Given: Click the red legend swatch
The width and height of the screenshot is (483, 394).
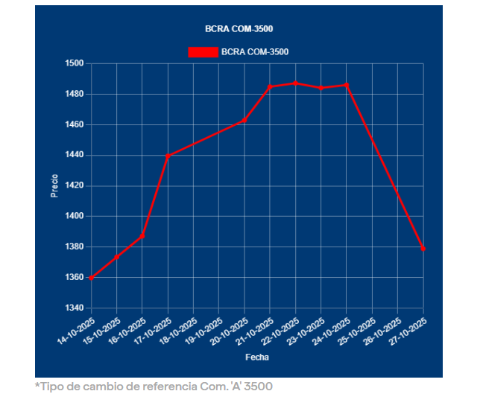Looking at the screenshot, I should pyautogui.click(x=203, y=52).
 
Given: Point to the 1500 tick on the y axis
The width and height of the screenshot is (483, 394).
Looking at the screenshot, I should pyautogui.click(x=75, y=63).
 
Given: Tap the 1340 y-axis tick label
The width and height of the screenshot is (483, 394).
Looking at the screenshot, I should pyautogui.click(x=75, y=308).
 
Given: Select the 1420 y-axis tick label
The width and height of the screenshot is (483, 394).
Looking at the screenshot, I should pyautogui.click(x=75, y=185).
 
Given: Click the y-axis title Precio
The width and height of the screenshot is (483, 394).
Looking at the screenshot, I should pyautogui.click(x=54, y=185).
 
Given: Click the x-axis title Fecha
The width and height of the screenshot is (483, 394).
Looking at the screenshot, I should pyautogui.click(x=256, y=358).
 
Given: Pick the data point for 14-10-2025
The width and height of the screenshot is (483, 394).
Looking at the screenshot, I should pyautogui.click(x=91, y=278).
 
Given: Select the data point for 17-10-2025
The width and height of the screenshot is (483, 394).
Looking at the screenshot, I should pyautogui.click(x=168, y=156).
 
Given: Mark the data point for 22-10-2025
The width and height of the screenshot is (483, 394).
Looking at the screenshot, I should pyautogui.click(x=295, y=83).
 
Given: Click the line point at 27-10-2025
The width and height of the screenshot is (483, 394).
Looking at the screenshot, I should pyautogui.click(x=423, y=249).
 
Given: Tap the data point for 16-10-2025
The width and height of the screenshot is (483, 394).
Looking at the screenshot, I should pyautogui.click(x=142, y=236).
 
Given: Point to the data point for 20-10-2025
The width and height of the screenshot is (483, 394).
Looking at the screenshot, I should pyautogui.click(x=244, y=120).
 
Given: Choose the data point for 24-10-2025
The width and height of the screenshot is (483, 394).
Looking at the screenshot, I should pyautogui.click(x=347, y=85).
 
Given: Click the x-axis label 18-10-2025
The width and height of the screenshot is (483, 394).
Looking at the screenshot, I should pyautogui.click(x=180, y=331).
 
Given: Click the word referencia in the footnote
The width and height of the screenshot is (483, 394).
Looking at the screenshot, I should pyautogui.click(x=174, y=386).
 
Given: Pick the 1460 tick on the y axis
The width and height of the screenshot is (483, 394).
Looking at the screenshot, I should pyautogui.click(x=75, y=124).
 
